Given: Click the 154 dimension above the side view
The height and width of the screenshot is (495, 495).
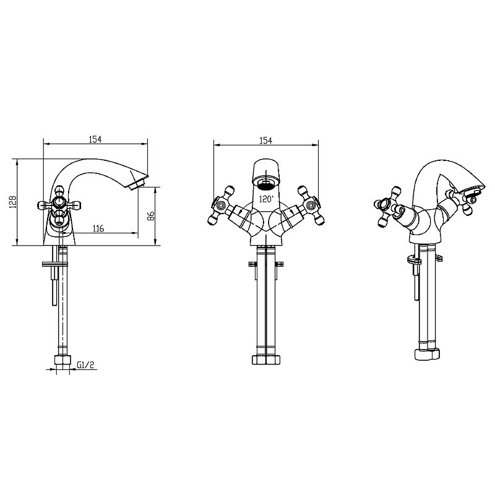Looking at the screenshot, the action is [x=95, y=139].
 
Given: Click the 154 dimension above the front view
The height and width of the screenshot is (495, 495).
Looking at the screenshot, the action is [x=266, y=140].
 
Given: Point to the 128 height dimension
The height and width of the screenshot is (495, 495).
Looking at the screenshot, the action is [x=12, y=202].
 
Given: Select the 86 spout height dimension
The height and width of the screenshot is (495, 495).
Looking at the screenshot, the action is [x=151, y=215].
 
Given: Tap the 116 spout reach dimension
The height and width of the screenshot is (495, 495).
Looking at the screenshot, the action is [x=98, y=228].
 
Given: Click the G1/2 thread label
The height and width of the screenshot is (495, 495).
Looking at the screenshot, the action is [x=85, y=365].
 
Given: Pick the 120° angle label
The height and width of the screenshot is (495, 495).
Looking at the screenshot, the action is [x=266, y=199].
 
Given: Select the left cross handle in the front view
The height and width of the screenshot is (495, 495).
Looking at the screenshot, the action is [x=220, y=205].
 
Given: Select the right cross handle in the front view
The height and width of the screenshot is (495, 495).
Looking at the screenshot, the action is [x=311, y=205].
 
